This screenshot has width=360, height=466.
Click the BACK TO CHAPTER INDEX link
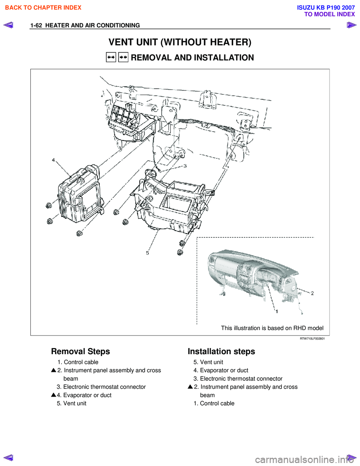coord(43,8)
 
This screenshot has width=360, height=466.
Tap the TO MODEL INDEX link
coord(329,14)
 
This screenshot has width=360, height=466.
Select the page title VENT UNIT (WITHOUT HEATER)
coord(180,42)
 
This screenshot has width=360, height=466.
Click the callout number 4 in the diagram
coord(53,160)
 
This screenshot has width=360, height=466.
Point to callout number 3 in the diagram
coord(185,165)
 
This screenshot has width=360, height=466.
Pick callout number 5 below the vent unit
coord(147,253)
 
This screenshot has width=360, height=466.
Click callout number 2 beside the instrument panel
coord(312,293)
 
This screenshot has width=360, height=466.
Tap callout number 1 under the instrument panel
coord(277,311)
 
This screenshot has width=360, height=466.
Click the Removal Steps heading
coord(81,352)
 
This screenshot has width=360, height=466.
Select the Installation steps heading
coord(221,352)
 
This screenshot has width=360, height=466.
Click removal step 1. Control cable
coord(78,362)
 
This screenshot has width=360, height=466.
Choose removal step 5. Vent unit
coord(72,403)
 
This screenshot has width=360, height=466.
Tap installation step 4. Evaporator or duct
coord(221,370)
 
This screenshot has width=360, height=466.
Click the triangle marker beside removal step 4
coord(54,395)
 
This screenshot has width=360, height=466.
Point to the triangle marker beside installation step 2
coord(190,386)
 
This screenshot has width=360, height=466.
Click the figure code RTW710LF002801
coord(312,338)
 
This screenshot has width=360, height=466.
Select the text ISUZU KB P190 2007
coord(326,8)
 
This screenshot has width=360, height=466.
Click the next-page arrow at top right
coord(351,25)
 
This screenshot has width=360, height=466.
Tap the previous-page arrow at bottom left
coord(8,457)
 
